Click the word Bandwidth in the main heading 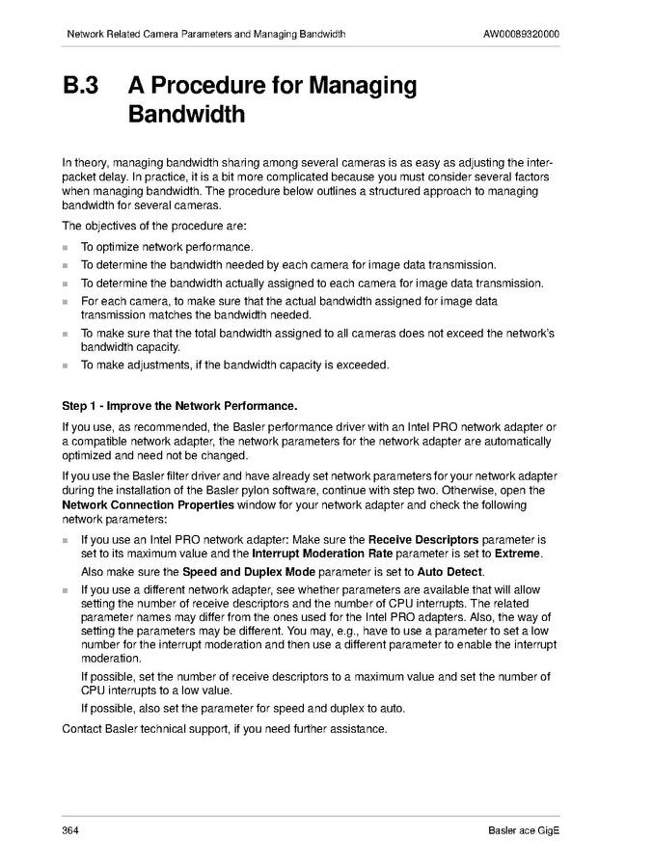tap(186, 115)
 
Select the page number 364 tap(70, 831)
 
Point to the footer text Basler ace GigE tap(524, 831)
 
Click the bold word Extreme tap(518, 554)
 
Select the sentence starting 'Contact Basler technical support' tap(224, 728)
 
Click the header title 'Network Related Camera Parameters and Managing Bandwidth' tap(205, 35)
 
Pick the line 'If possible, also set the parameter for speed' tap(242, 709)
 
